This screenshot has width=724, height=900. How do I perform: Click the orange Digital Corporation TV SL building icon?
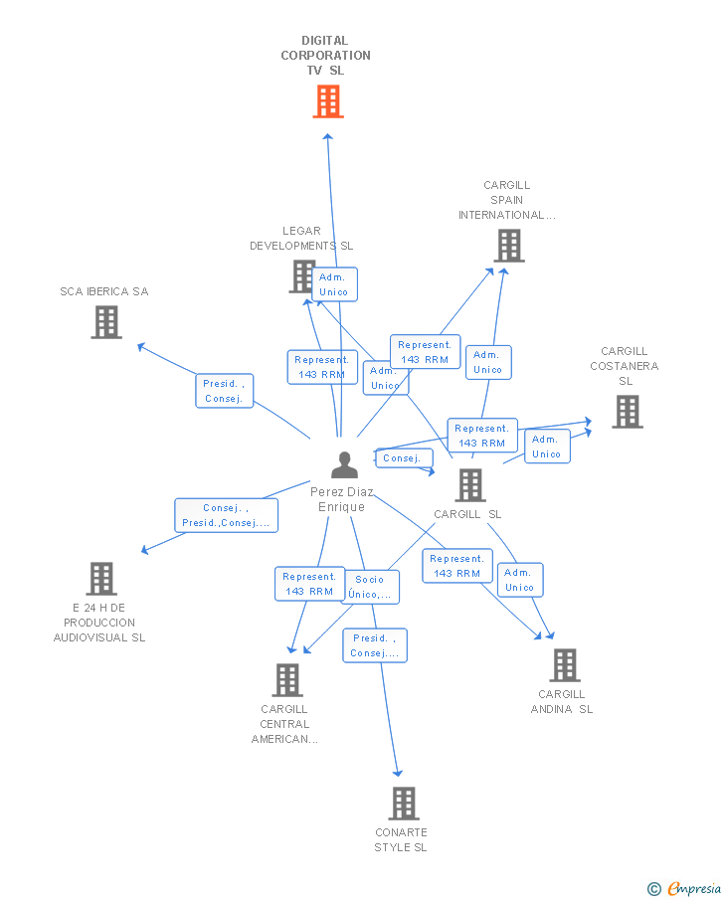[328, 101]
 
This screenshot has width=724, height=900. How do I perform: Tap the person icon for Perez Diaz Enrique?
[344, 465]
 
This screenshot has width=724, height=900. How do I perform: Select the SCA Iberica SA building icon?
[106, 322]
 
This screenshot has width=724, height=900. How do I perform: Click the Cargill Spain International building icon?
[508, 246]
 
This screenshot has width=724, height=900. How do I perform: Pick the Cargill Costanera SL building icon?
[627, 412]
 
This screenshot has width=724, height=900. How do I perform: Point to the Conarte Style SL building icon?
[403, 803]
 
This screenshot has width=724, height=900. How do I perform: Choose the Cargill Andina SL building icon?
[564, 665]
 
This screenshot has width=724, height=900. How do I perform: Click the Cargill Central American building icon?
[287, 680]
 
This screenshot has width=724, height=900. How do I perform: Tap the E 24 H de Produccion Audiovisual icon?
[100, 578]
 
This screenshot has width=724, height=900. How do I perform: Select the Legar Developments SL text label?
[301, 239]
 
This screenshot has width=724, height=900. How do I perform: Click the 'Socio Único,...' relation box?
[370, 587]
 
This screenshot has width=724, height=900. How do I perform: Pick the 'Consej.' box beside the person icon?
[403, 458]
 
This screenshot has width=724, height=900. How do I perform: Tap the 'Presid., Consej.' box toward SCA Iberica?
[224, 391]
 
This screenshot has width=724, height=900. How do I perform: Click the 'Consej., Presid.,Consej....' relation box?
[226, 515]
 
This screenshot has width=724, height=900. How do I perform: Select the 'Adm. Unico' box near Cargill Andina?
[519, 580]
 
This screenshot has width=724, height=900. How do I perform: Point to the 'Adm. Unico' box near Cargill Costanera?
[546, 447]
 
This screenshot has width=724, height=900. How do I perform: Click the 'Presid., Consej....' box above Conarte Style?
[375, 645]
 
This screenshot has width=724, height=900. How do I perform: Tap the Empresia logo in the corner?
[684, 888]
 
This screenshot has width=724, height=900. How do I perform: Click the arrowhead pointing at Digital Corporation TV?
[327, 137]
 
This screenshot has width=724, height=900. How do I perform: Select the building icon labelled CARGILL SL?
[469, 485]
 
